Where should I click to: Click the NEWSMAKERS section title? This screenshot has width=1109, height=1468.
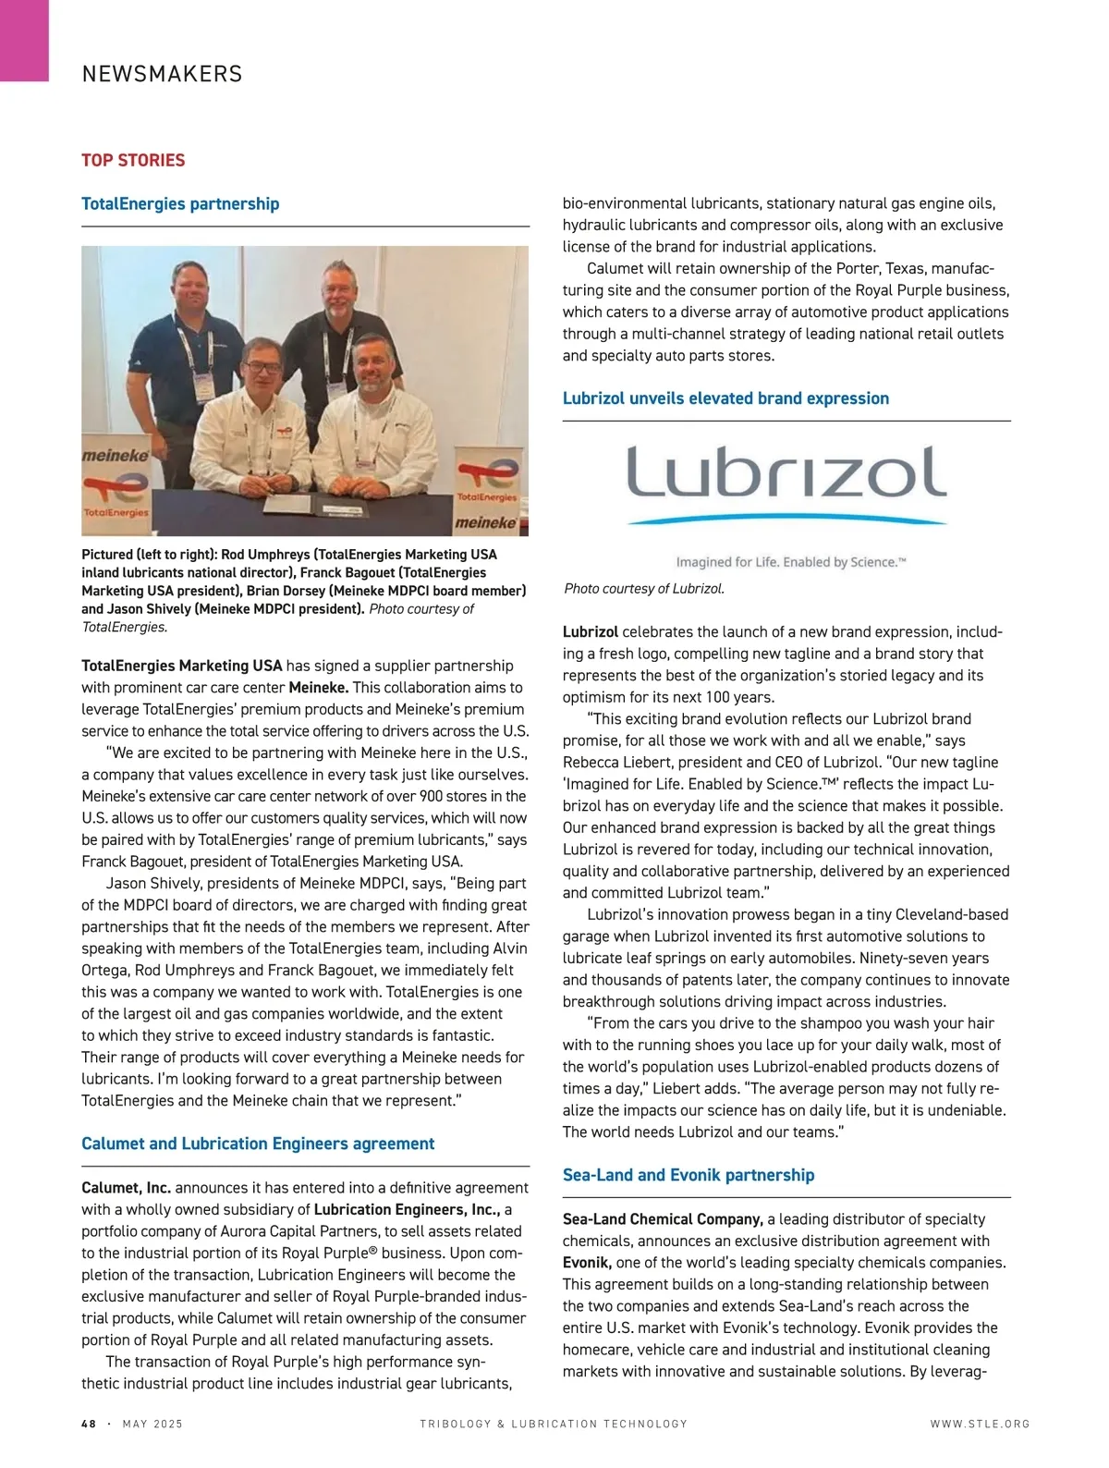pos(162,74)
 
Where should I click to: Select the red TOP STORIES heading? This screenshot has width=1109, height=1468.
pos(133,160)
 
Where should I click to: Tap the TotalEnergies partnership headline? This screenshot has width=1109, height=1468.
pos(180,203)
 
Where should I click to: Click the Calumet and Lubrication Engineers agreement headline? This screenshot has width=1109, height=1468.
pos(258,1144)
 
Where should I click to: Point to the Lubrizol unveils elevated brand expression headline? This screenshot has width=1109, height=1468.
pos(725,398)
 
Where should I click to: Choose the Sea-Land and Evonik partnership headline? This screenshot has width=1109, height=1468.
pos(689,1175)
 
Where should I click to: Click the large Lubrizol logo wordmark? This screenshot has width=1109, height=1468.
pos(786,471)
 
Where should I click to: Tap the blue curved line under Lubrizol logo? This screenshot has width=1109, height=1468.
pos(786,520)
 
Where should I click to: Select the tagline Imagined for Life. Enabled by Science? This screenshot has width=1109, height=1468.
pos(790,562)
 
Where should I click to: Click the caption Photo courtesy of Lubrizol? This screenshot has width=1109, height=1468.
pos(644,589)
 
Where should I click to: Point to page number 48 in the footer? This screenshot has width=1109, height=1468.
pos(89,1424)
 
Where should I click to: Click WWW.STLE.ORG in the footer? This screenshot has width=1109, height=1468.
pos(980,1424)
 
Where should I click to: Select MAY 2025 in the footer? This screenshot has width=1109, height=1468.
pos(152,1424)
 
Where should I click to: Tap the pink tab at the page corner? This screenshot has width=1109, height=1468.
pos(24,40)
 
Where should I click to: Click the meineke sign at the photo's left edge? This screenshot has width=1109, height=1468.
pos(116,456)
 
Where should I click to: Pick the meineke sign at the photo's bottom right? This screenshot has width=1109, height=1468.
pos(486,523)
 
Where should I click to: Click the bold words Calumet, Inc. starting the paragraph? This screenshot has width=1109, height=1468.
pos(126,1188)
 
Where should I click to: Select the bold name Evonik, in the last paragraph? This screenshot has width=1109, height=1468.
pos(587,1263)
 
